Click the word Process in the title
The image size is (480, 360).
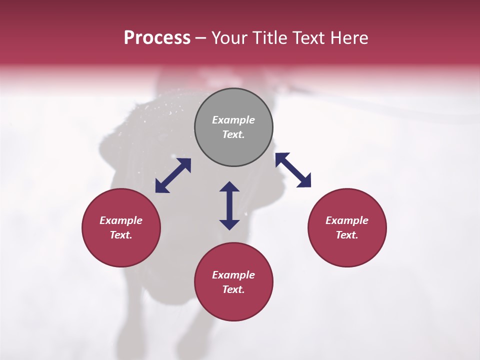point(157,38)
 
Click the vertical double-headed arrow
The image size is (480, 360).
point(229,205)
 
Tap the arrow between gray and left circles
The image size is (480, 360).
point(173,175)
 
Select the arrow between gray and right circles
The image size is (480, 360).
point(293,170)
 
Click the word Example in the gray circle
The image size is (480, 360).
point(233,120)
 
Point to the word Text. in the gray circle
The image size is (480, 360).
point(233,134)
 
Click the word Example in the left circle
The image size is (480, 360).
point(121,220)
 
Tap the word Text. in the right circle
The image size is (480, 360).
point(347,235)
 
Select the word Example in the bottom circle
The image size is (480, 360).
point(233,275)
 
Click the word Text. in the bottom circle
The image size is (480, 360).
point(233,289)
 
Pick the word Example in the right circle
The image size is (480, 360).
point(347,220)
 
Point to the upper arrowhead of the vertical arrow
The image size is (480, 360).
point(229,187)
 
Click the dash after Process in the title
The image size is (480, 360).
point(201,38)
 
